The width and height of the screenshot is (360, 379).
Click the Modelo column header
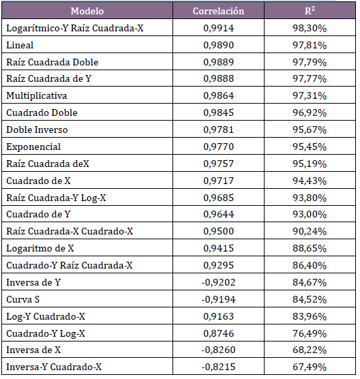click(87, 11)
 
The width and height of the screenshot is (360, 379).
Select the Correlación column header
click(218, 11)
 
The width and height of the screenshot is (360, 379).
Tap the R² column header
click(310, 11)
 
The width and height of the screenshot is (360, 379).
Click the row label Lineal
click(20, 45)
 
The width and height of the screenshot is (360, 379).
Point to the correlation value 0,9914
click(219, 28)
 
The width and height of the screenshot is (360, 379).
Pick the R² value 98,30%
click(310, 28)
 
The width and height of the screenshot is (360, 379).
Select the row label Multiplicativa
click(37, 95)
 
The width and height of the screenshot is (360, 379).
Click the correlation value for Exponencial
click(219, 147)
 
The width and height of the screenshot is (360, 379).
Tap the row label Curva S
click(23, 299)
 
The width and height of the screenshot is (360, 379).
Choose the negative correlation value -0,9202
click(218, 282)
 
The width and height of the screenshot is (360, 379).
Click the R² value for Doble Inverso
click(310, 130)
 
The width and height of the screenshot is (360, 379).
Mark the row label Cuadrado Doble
click(42, 112)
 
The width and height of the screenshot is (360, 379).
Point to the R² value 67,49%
click(310, 367)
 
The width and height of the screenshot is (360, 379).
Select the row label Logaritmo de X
click(40, 248)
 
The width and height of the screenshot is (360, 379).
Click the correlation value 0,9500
click(219, 231)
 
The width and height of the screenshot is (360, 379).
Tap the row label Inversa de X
click(33, 350)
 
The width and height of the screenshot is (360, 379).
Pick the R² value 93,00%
click(310, 214)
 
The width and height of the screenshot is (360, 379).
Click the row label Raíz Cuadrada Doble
click(52, 62)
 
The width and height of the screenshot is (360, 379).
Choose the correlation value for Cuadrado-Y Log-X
click(219, 333)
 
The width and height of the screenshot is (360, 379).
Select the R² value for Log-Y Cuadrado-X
click(310, 316)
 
